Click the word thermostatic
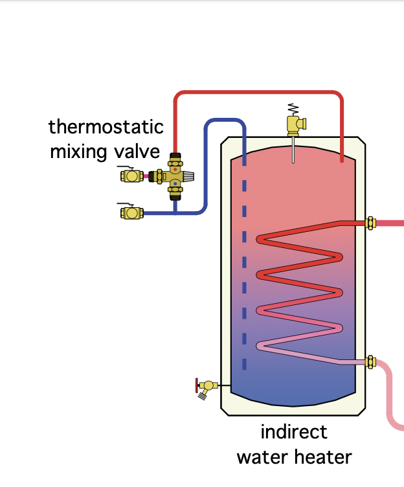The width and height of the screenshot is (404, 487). point(106,127)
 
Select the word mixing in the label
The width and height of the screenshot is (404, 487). point(78,152)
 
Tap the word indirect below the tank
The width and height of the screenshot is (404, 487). point(294,432)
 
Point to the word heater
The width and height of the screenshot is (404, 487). point(323,457)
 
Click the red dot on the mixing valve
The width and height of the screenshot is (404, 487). point(175,169)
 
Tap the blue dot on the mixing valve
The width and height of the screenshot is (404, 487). point(175,183)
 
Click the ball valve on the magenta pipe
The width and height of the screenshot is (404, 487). point(131,176)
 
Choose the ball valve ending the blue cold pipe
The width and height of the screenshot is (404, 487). point(131,213)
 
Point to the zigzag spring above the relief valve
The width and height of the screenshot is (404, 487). point(293,109)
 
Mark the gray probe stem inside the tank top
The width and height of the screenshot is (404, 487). point(293,150)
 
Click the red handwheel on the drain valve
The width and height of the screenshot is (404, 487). point(197,385)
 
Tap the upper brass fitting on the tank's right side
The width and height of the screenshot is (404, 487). point(370,223)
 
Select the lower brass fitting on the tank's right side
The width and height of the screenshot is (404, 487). point(370,362)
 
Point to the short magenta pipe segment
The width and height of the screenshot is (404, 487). point(146,176)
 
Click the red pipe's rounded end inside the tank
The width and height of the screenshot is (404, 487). point(342,160)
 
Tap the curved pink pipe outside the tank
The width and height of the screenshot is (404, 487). point(389,394)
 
